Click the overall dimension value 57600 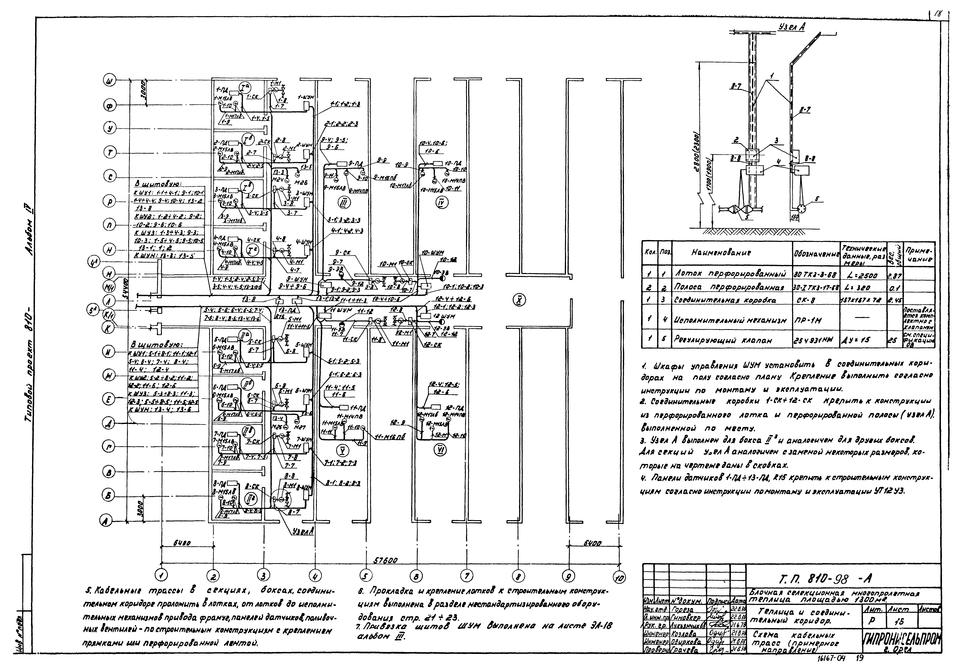[385, 560]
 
